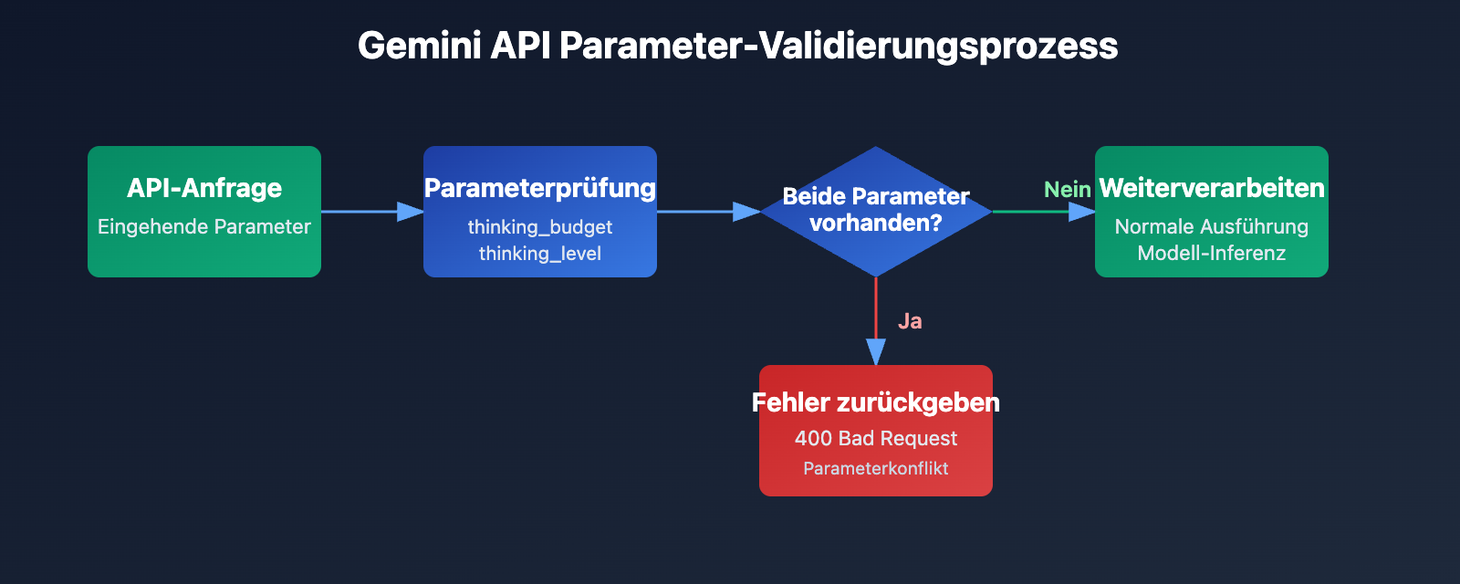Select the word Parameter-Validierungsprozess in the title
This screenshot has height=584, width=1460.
tap(838, 46)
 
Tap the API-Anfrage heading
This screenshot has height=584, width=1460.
tap(204, 188)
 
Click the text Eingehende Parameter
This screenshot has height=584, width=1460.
tap(204, 226)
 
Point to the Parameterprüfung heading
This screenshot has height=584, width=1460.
tap(539, 188)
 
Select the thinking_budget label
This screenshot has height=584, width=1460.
tap(539, 226)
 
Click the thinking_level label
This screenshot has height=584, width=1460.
tap(539, 253)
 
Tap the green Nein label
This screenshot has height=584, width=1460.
tap(1067, 189)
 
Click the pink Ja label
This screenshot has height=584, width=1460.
tap(910, 321)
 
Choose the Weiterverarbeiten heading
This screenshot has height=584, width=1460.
tap(1211, 188)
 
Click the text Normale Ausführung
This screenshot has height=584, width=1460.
tap(1211, 226)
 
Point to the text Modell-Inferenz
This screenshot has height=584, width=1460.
tap(1211, 253)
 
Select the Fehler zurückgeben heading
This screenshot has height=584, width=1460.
tap(875, 402)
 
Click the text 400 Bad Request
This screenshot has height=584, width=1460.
tap(875, 438)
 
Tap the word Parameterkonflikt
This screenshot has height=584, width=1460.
tap(875, 468)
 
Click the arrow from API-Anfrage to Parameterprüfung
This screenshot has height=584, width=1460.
tap(365, 212)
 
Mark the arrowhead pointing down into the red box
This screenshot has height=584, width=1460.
tap(876, 352)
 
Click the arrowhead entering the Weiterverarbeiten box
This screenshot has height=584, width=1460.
tap(1081, 212)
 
